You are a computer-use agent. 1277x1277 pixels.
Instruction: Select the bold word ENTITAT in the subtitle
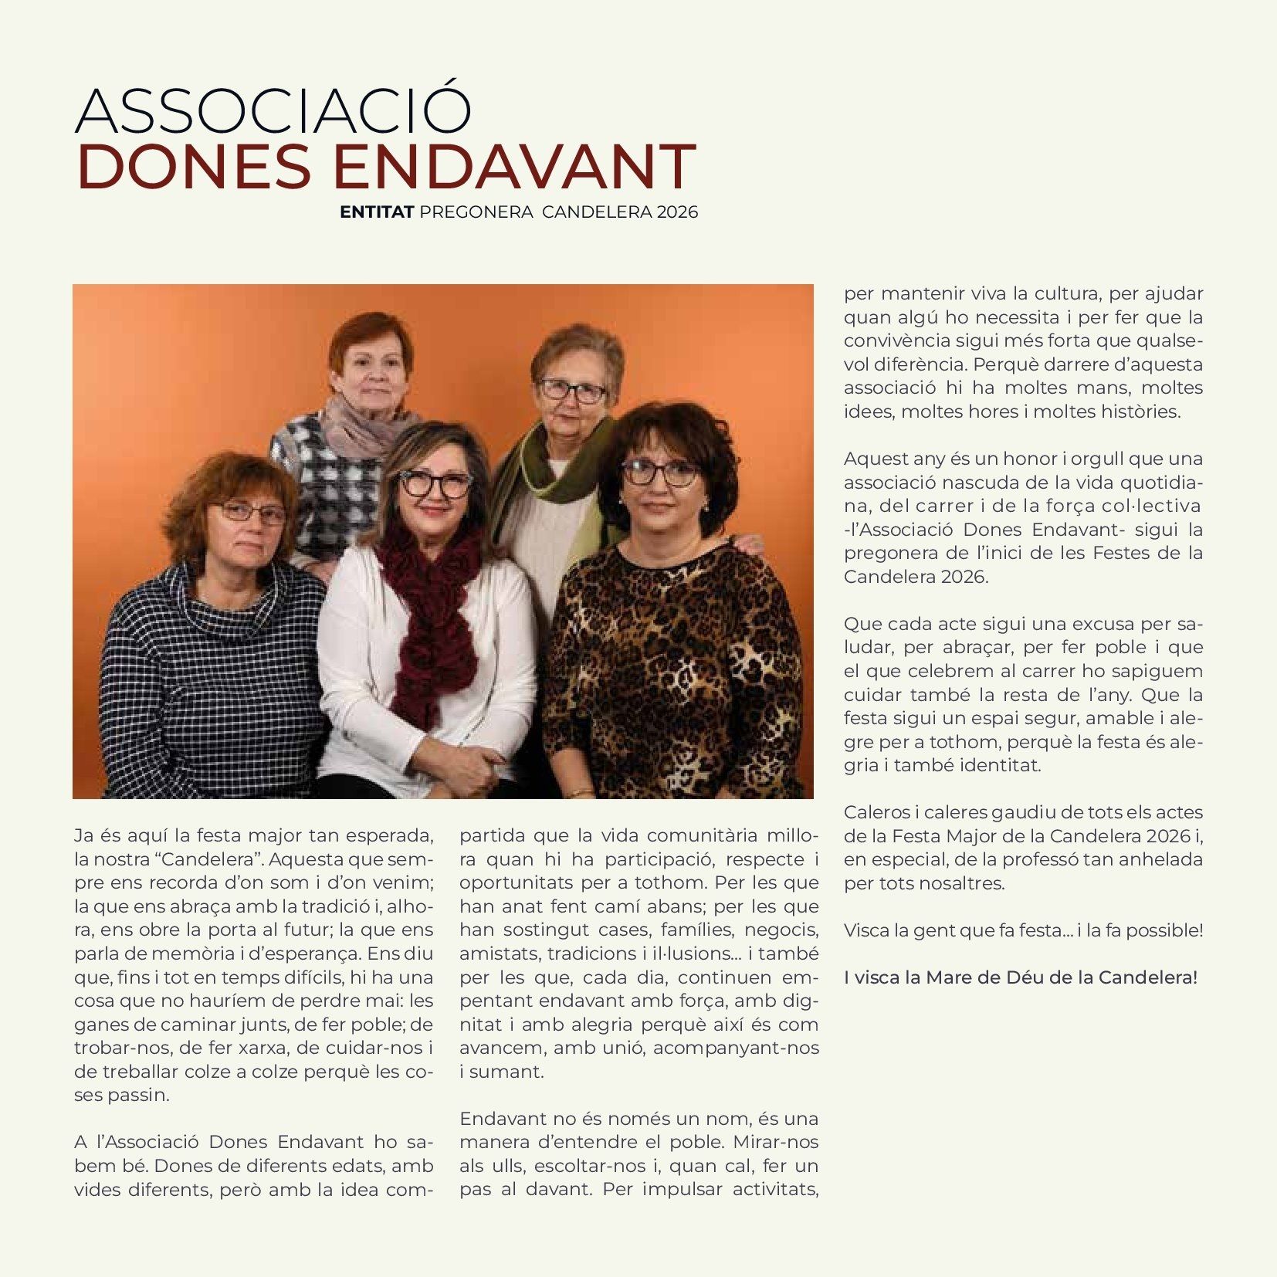tap(377, 212)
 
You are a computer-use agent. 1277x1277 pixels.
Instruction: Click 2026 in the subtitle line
tap(677, 212)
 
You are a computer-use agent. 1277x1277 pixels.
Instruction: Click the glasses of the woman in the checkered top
tap(249, 512)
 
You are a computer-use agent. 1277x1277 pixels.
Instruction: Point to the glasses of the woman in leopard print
tap(660, 472)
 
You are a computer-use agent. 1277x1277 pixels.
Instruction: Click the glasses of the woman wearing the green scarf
tap(573, 390)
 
